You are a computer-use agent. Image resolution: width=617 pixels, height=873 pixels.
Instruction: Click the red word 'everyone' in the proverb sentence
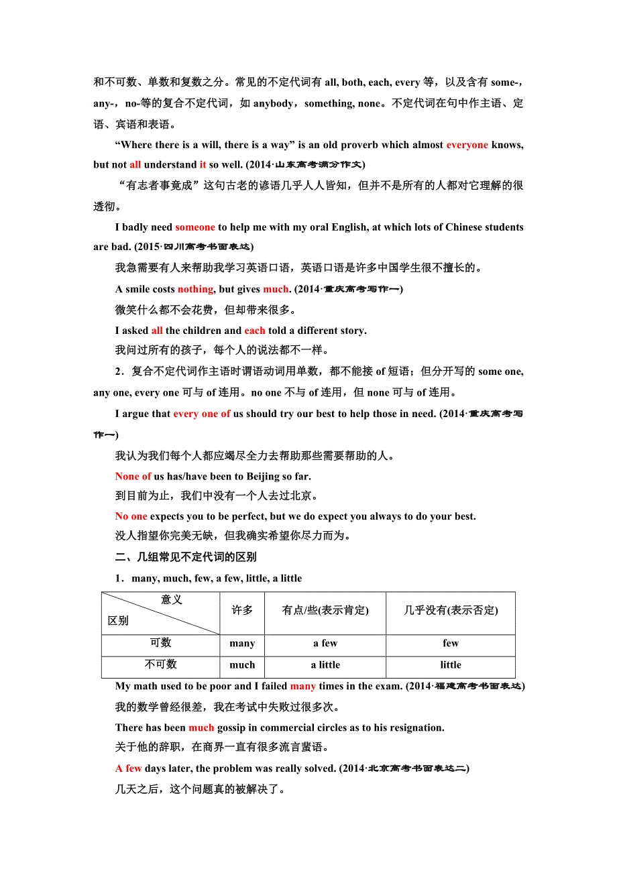pos(467,145)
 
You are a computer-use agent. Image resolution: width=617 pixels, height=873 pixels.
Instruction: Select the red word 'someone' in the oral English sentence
pos(195,227)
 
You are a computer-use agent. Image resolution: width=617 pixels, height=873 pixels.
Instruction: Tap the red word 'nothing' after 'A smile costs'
pos(195,289)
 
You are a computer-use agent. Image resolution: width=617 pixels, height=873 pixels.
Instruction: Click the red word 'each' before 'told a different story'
pos(255,331)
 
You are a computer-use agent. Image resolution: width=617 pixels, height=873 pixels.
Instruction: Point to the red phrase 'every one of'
pos(202,414)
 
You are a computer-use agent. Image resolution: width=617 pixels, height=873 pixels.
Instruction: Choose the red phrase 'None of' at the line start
pos(133,476)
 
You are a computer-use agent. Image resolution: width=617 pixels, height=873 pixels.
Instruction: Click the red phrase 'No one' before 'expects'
pos(131,516)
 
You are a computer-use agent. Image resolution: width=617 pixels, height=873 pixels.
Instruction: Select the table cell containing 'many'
pos(242,644)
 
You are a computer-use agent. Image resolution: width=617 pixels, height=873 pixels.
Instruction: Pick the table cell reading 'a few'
pos(325,644)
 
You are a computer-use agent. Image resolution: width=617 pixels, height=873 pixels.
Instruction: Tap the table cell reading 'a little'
pos(325,665)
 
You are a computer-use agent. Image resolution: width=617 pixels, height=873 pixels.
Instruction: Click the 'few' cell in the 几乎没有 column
pos(451,644)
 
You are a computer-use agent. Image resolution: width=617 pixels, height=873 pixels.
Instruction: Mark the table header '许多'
pos(242,610)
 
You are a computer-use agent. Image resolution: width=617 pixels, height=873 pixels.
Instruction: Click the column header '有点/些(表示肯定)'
pos(325,610)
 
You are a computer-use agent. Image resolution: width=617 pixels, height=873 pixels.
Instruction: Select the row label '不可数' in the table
pos(161,664)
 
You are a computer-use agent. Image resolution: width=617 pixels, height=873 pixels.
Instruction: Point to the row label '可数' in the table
pos(161,643)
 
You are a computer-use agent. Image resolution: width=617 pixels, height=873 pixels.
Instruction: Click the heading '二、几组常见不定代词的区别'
pos(186,557)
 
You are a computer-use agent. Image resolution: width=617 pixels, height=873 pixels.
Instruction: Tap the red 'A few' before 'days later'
pos(129,768)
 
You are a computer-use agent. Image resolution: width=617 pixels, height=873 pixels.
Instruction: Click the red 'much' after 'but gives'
pos(276,289)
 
